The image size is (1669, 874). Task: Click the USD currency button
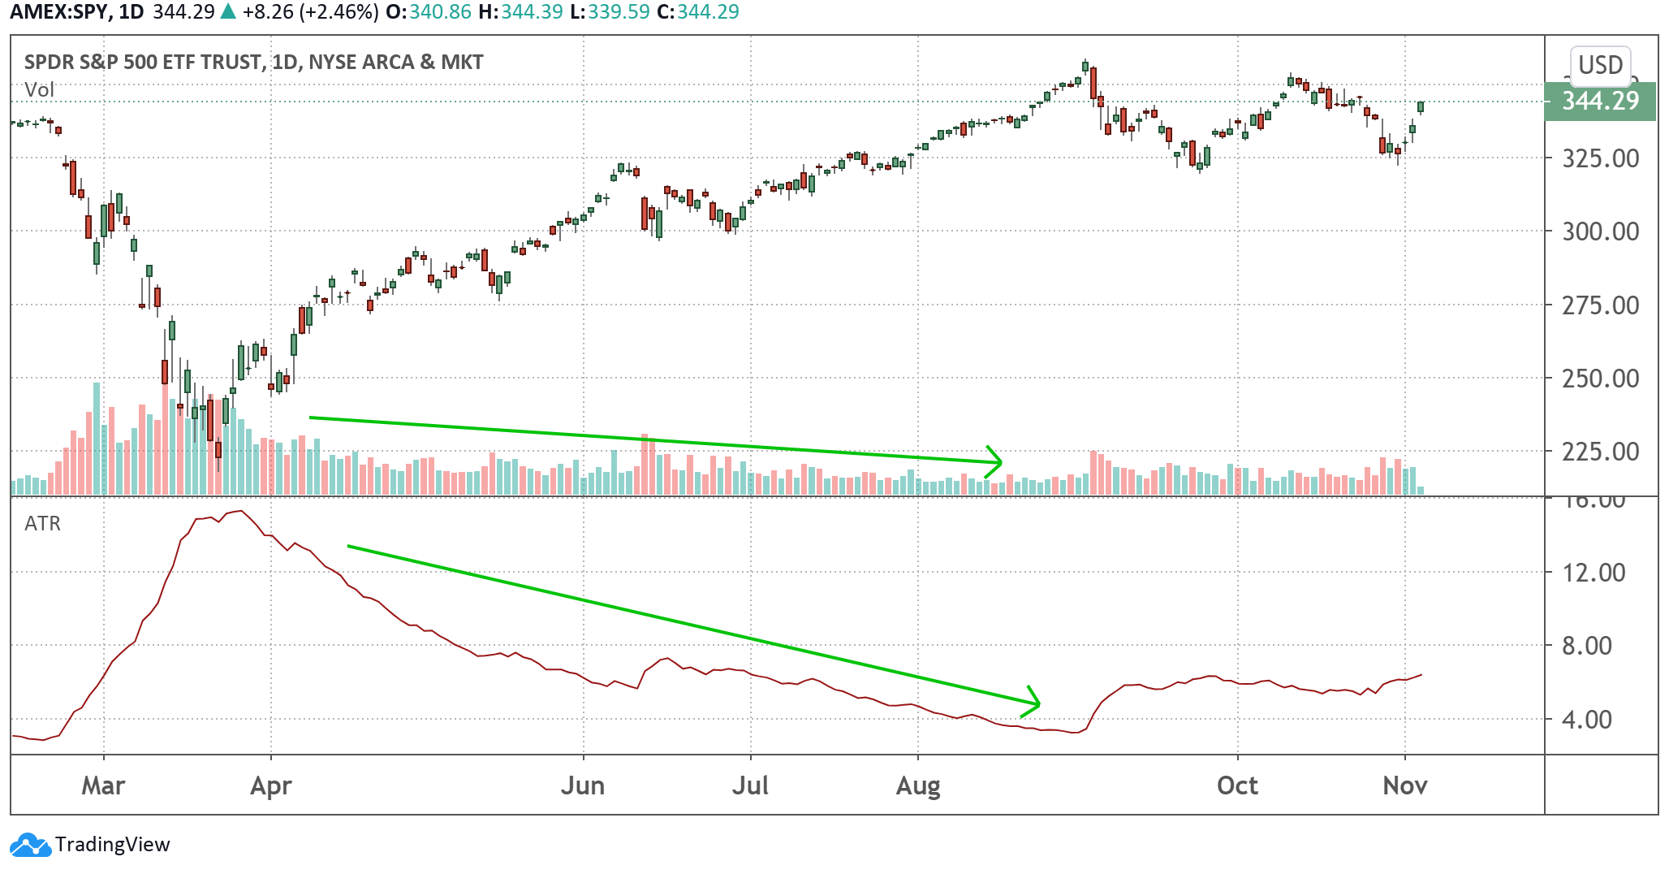1600,65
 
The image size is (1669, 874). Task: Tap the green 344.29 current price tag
1599,102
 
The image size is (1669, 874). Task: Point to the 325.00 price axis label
1601,158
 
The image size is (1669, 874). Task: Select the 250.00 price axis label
1601,379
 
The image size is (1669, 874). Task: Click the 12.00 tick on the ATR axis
1594,573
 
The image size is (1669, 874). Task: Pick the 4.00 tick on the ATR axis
1587,720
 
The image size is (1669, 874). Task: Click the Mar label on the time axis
103,785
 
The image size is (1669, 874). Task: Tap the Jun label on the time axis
583,785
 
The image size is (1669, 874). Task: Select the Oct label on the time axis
1237,785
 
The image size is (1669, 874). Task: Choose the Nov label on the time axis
1405,785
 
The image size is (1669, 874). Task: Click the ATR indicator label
42,524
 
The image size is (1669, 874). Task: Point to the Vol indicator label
39,89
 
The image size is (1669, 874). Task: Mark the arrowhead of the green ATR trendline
1037,703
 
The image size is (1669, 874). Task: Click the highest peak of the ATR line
240,511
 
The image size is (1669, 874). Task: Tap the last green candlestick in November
1421,106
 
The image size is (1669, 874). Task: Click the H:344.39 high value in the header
520,12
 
